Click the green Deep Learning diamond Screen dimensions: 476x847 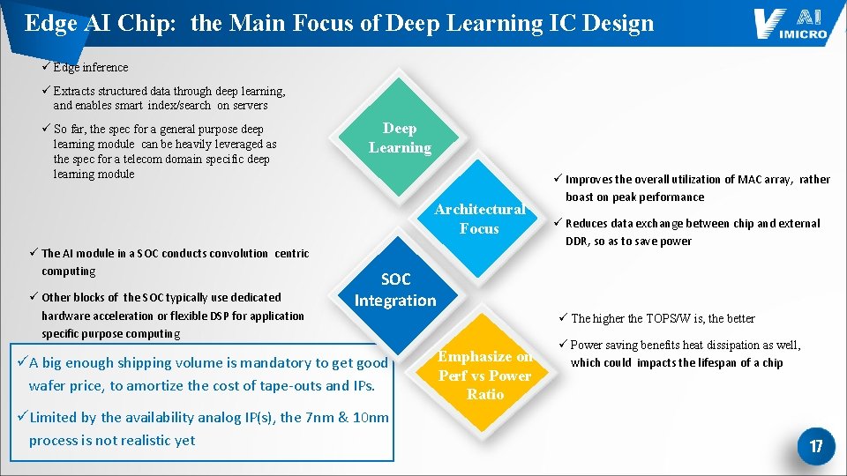click(400, 138)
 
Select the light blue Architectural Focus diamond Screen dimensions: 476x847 click(479, 219)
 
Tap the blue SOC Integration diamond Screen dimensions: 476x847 click(395, 290)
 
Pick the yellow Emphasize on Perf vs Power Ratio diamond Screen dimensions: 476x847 click(485, 376)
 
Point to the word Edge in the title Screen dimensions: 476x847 click(50, 23)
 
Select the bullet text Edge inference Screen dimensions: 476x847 click(90, 68)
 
